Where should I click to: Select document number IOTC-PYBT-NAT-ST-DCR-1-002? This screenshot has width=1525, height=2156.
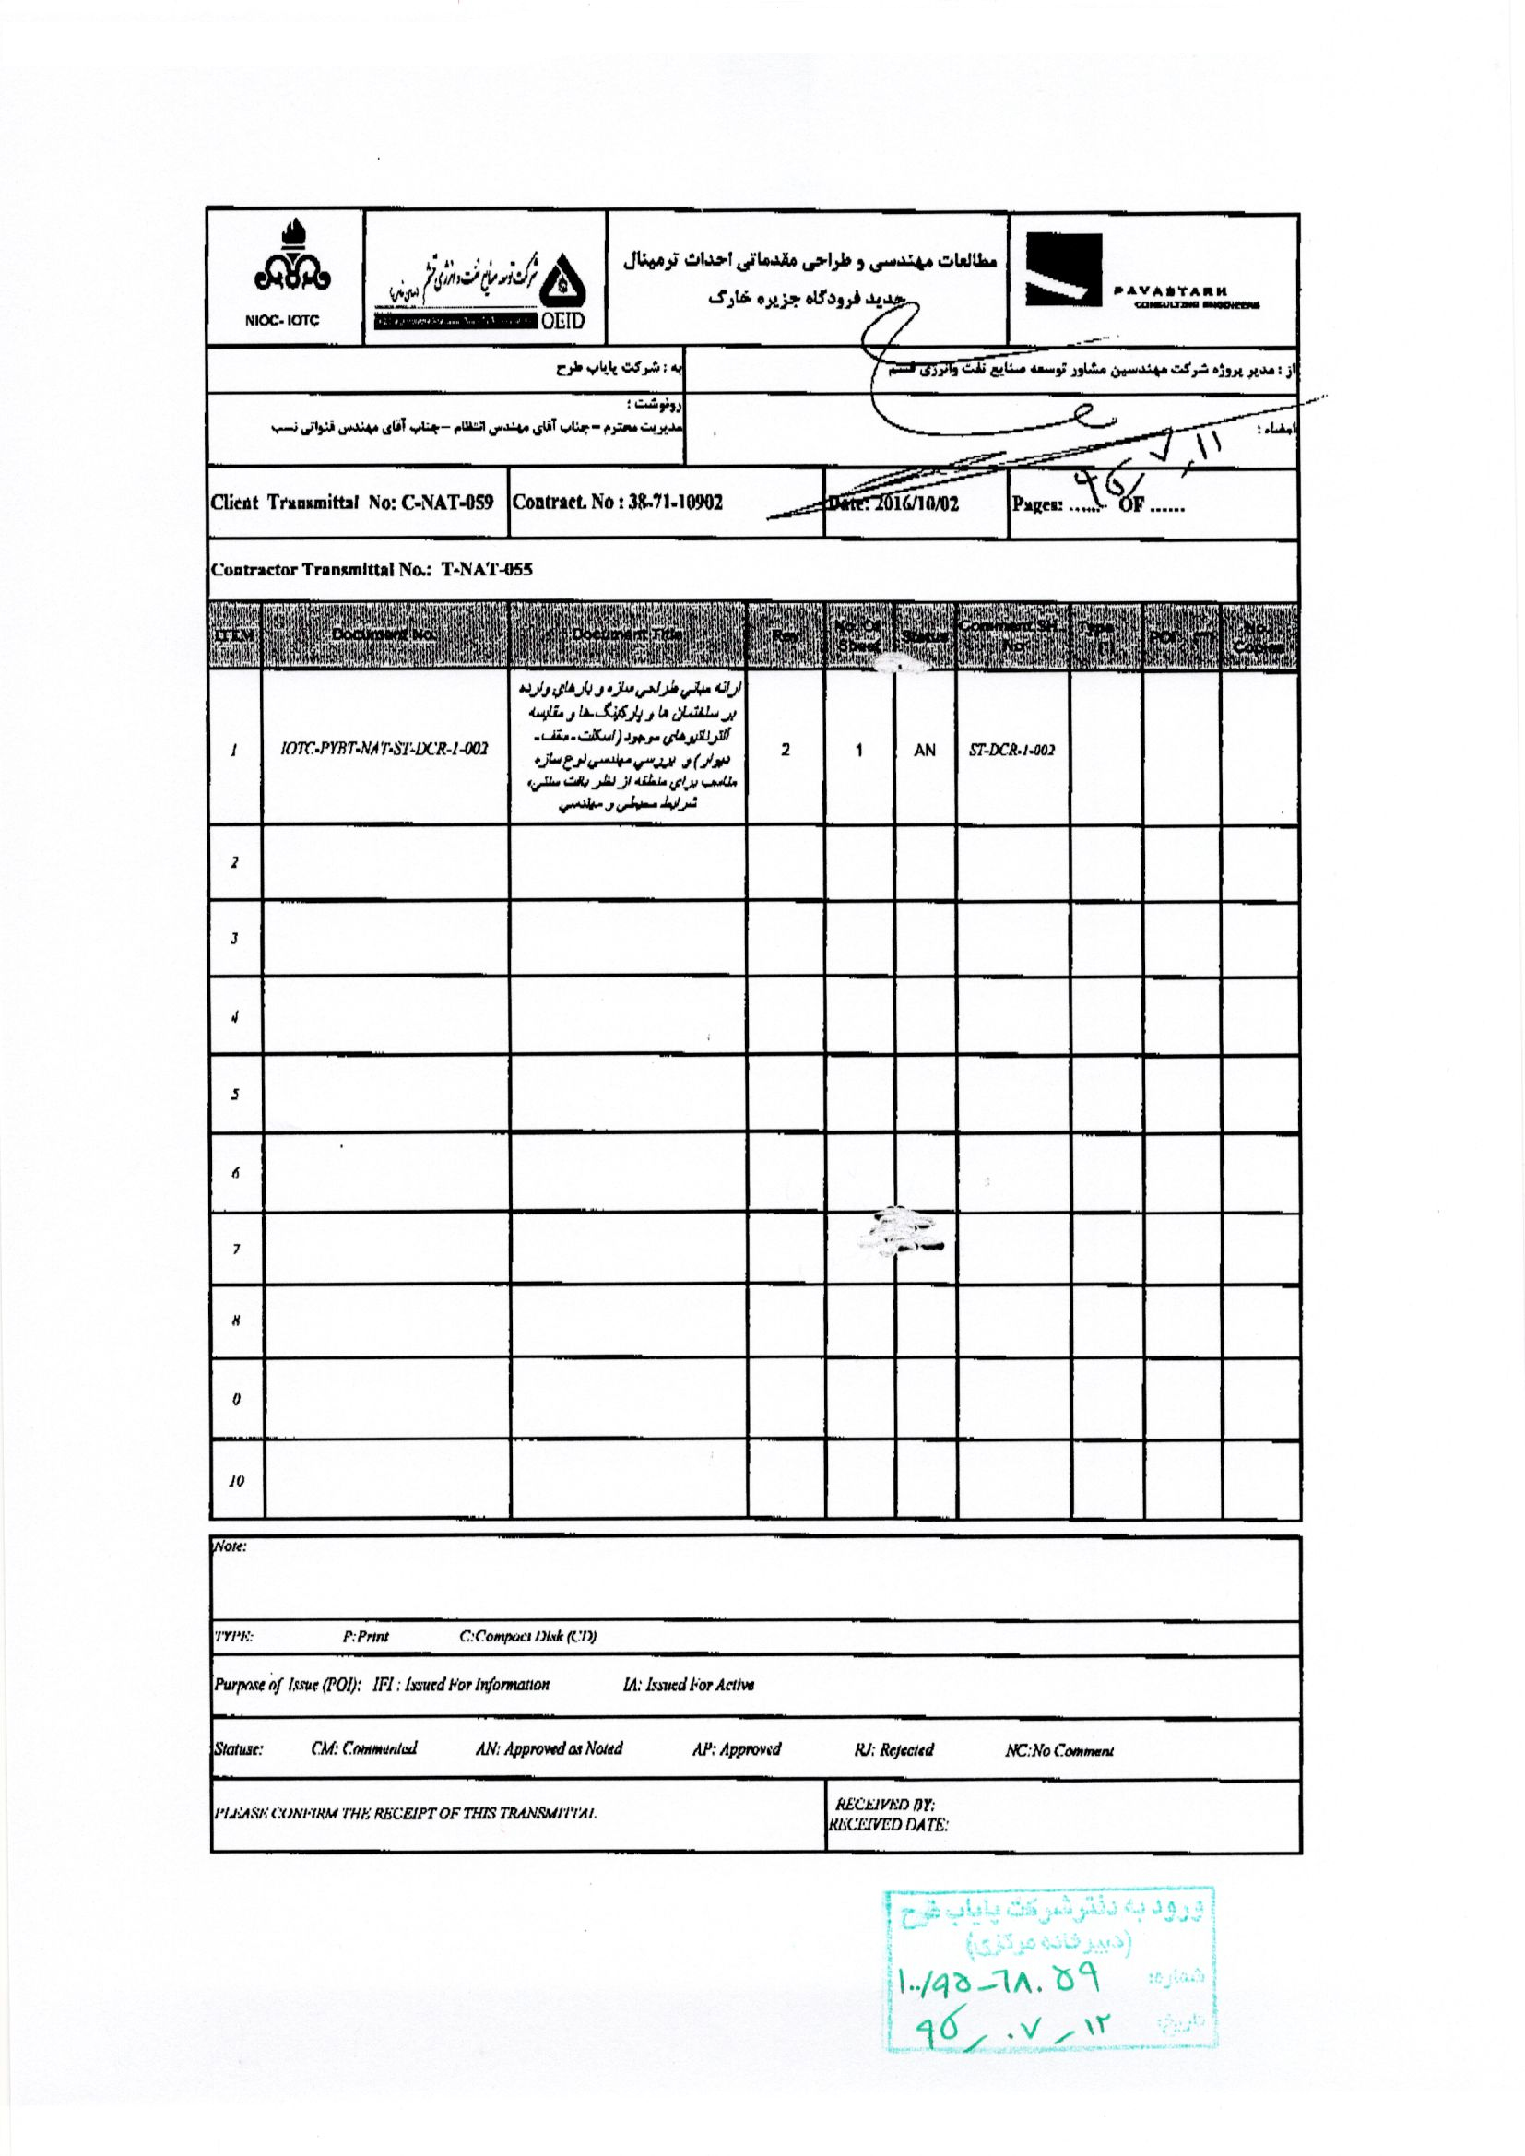385,749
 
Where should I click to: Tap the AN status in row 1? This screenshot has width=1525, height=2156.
925,750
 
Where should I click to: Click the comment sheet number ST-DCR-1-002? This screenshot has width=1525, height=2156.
1011,750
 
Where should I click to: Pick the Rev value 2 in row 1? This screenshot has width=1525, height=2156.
785,750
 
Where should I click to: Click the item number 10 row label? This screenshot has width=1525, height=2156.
236,1482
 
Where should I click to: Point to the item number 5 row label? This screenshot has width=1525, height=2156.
236,1094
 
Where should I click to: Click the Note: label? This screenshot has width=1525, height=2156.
231,1546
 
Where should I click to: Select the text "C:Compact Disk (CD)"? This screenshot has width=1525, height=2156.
527,1636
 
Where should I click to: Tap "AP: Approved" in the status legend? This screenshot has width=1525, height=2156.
736,1749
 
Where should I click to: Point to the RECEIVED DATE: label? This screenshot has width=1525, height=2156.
887,1826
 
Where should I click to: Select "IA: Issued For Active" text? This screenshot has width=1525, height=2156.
688,1685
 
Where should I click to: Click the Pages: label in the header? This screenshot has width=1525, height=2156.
1036,504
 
